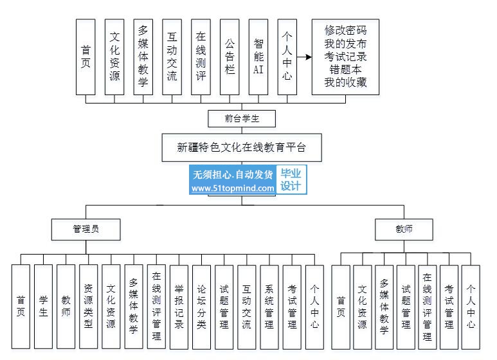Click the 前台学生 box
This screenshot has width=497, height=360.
pyautogui.click(x=242, y=118)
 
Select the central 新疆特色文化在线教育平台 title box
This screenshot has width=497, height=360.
pyautogui.click(x=242, y=147)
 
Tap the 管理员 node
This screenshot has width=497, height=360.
pyautogui.click(x=86, y=229)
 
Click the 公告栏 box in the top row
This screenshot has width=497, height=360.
pyautogui.click(x=230, y=57)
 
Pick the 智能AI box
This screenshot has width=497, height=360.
pyautogui.click(x=258, y=57)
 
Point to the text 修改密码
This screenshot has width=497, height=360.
pyautogui.click(x=345, y=31)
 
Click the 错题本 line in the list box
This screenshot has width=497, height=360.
pyautogui.click(x=345, y=69)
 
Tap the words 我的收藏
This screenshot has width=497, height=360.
pyautogui.click(x=345, y=82)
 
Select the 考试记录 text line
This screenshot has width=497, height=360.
pyautogui.click(x=345, y=57)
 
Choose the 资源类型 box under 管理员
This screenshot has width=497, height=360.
pyautogui.click(x=89, y=307)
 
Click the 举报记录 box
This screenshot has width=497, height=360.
pyautogui.click(x=179, y=307)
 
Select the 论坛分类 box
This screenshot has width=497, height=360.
pyautogui.click(x=202, y=307)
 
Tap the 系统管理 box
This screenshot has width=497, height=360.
pyautogui.click(x=269, y=307)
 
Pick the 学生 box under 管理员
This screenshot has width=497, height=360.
pyautogui.click(x=44, y=307)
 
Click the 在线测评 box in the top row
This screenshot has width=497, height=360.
pyautogui.click(x=201, y=57)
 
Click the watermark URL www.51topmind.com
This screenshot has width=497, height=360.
pyautogui.click(x=233, y=188)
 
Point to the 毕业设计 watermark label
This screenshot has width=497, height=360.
pyautogui.click(x=291, y=181)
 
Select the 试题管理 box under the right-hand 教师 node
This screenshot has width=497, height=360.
pyautogui.click(x=406, y=307)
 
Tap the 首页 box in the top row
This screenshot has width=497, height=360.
pyautogui.click(x=86, y=57)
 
